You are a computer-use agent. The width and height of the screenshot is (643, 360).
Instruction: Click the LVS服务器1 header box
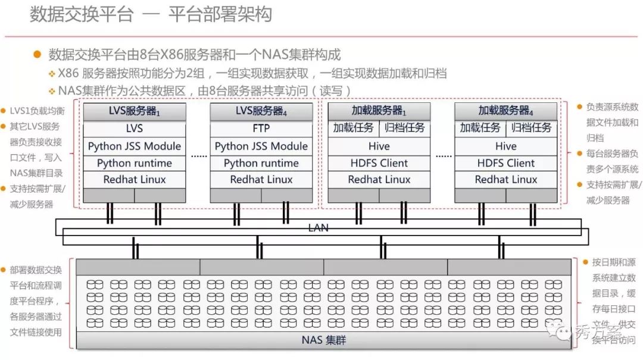(135, 111)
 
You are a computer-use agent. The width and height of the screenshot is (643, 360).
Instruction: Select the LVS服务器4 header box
(261, 111)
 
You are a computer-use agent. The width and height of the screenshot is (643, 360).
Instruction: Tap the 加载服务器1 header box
(379, 111)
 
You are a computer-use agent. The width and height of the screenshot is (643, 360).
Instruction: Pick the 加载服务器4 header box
(506, 111)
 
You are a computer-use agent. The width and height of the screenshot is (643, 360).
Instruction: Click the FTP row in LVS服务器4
(261, 129)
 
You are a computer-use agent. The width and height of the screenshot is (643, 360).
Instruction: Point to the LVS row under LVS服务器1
(135, 129)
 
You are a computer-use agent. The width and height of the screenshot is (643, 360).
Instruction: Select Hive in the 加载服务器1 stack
(379, 146)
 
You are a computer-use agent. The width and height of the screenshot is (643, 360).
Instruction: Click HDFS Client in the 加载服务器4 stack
(506, 163)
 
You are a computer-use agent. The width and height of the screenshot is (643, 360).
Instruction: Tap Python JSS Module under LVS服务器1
(135, 146)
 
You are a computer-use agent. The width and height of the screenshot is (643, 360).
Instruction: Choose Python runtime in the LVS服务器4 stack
(261, 163)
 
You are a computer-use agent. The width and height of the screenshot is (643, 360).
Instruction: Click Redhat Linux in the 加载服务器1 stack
(379, 180)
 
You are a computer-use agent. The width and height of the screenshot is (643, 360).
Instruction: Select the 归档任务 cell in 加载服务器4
(532, 128)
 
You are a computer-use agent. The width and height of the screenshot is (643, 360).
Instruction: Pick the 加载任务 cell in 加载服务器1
(354, 128)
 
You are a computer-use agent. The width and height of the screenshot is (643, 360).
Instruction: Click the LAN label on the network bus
(319, 228)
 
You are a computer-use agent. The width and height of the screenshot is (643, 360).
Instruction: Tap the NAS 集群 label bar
(324, 341)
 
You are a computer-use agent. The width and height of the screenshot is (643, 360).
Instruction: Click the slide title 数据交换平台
(81, 14)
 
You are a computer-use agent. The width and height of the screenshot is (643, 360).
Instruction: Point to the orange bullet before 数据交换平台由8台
(38, 54)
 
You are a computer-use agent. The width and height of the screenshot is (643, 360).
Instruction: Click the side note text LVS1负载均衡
(37, 111)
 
